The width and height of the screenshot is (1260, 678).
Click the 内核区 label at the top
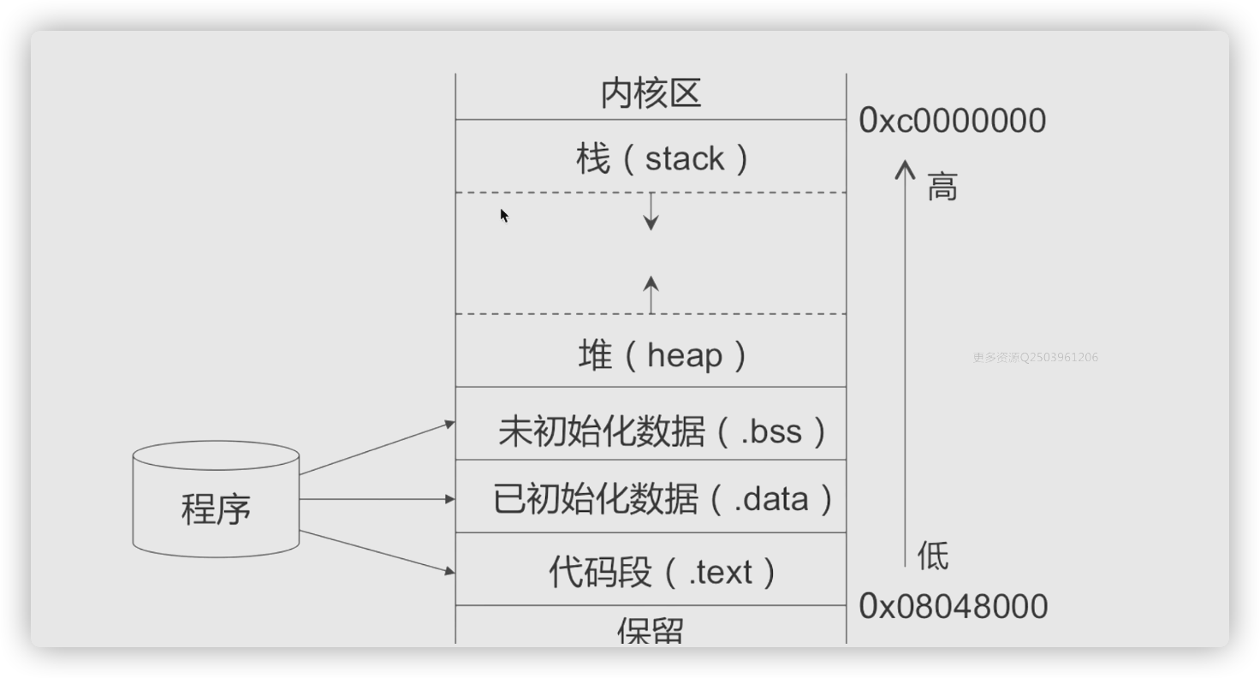651,93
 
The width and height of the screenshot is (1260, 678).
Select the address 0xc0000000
952,121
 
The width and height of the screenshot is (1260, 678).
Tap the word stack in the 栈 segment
684,159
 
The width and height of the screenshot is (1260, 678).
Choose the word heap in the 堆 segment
685,355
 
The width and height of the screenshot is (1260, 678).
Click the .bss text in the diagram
771,431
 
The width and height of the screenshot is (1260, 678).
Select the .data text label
770,498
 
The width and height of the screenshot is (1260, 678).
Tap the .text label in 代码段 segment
721,572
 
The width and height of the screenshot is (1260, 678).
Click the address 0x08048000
953,606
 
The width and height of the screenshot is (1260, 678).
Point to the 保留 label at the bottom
651,632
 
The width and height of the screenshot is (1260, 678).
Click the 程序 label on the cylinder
216,508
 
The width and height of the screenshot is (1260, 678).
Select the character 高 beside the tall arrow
942,186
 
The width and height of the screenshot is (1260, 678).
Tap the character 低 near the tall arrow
932,556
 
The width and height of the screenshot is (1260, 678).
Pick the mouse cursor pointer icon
504,215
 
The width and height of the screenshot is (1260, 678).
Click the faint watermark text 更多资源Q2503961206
1035,357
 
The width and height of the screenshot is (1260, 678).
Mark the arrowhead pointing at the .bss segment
449,423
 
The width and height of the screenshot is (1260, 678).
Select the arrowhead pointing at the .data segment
449,498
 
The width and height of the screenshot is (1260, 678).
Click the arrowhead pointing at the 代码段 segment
449,570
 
